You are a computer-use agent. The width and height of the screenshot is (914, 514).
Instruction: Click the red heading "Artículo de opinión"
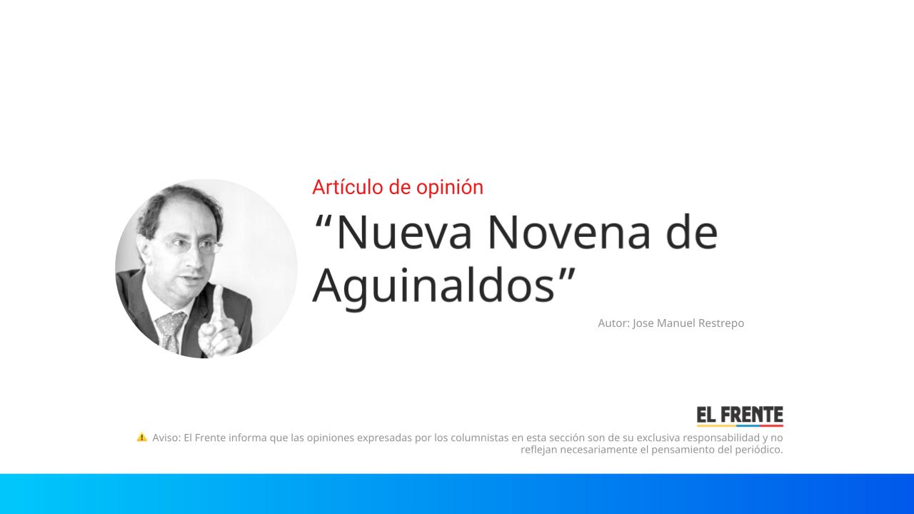click(x=398, y=187)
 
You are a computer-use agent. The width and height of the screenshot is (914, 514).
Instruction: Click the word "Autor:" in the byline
click(x=613, y=323)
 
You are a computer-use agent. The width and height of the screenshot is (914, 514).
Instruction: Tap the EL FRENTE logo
click(x=740, y=416)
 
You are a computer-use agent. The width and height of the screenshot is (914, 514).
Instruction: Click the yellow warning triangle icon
click(x=142, y=437)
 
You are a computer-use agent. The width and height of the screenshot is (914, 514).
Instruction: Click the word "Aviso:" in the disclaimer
click(x=166, y=438)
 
